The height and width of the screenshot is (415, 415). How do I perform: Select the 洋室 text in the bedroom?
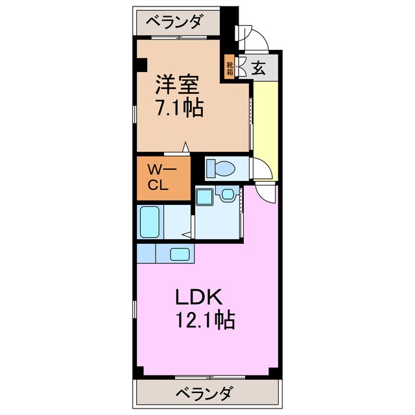pyautogui.click(x=176, y=85)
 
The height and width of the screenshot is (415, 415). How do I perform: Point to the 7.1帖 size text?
pyautogui.click(x=178, y=108)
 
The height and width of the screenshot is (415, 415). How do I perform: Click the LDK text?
pyautogui.click(x=200, y=297)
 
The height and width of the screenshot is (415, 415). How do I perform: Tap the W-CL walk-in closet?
pyautogui.click(x=163, y=177)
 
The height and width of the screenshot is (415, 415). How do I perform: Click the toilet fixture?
pyautogui.click(x=220, y=169)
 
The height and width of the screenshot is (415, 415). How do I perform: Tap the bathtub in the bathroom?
pyautogui.click(x=150, y=222)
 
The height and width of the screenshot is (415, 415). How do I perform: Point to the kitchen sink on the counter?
pyautogui.click(x=180, y=254)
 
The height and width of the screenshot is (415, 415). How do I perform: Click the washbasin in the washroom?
pyautogui.click(x=228, y=195)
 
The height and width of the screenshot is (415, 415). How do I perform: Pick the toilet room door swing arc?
pyautogui.click(x=261, y=170)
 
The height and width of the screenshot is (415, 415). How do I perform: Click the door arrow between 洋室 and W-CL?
pyautogui.click(x=187, y=148)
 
